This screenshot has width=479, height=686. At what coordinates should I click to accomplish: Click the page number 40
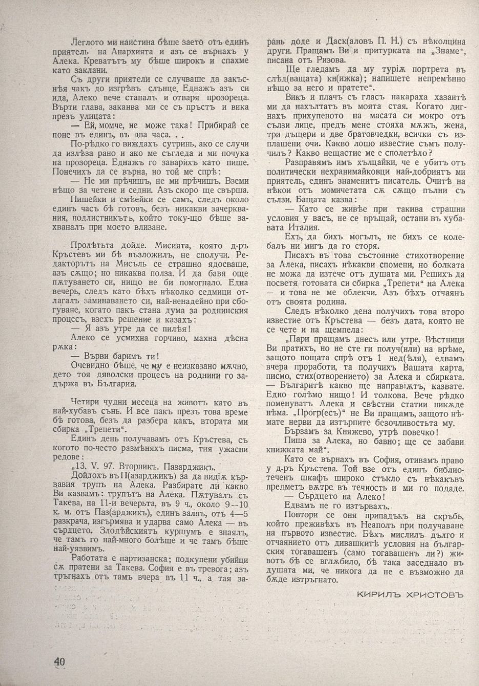[59, 661]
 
